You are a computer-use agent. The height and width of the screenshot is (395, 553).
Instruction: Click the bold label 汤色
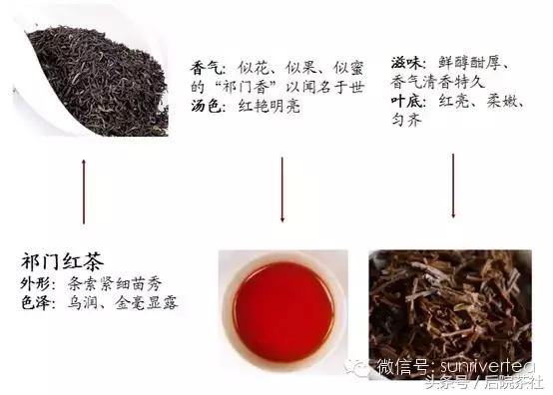[x=206, y=105]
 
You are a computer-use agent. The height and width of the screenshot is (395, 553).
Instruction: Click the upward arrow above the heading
[x=83, y=190]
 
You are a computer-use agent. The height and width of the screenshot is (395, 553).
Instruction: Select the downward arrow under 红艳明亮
[x=282, y=185]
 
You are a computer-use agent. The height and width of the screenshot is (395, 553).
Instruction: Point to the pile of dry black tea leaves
[x=95, y=80]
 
